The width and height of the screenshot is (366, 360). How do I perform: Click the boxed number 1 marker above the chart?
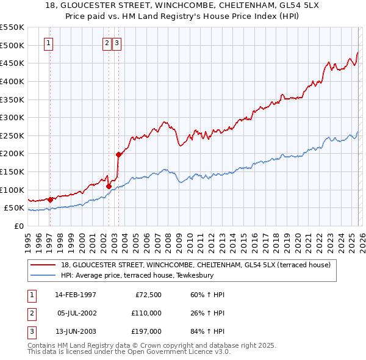coord(48,43)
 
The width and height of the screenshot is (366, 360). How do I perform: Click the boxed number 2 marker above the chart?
coord(107,43)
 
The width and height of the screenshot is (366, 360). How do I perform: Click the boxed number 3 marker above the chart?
coord(117,43)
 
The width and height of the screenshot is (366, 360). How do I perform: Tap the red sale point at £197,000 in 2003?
coord(118,154)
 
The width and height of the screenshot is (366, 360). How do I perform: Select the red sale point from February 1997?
coord(50,200)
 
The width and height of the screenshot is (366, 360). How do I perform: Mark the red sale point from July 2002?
coord(109,186)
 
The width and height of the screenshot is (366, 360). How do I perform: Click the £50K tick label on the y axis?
coord(14,208)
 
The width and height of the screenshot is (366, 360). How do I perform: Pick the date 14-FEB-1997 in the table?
coord(76,295)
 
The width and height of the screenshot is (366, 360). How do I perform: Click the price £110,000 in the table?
coord(146,313)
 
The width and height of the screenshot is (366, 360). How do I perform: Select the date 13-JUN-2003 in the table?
coord(76,331)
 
